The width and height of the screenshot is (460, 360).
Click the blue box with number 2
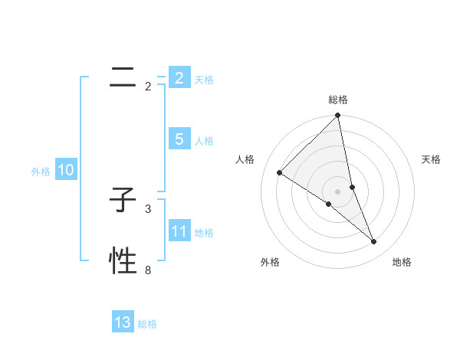click(x=179, y=78)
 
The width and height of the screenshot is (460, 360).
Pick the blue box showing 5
click(x=179, y=139)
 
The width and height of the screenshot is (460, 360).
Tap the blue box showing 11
click(x=179, y=231)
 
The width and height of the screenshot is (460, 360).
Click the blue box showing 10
click(x=65, y=170)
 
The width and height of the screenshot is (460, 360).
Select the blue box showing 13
click(x=123, y=322)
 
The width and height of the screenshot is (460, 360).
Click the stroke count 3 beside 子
click(x=148, y=208)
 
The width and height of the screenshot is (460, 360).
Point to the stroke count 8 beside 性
click(x=148, y=270)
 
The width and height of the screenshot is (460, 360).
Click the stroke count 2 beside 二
click(x=148, y=87)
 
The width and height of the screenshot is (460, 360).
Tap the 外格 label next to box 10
click(x=41, y=172)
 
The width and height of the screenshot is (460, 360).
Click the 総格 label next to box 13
click(x=147, y=324)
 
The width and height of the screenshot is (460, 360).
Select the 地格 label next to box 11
click(x=204, y=233)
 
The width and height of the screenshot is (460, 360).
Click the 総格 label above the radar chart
click(x=338, y=100)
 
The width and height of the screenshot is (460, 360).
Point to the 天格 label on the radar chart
click(x=432, y=159)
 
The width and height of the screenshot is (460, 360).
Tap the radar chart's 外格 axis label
click(x=270, y=262)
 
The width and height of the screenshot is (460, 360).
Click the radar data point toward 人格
click(x=280, y=173)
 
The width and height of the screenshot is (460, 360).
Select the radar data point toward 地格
click(x=374, y=242)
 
